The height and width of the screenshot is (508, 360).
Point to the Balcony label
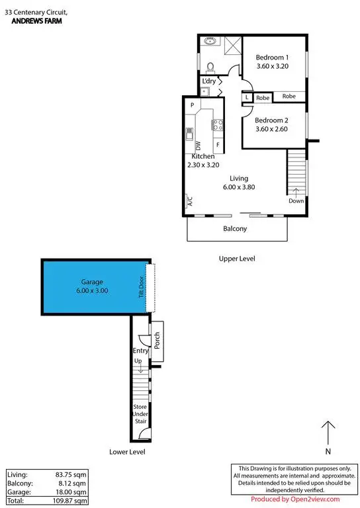tap(235, 229)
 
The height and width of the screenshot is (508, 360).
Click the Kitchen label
tap(203, 156)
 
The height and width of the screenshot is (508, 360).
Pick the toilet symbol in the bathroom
tap(210, 66)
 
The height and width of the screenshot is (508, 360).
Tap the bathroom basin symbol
tap(211, 41)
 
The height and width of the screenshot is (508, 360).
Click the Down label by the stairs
tap(296, 201)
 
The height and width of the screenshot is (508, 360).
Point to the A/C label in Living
tap(188, 202)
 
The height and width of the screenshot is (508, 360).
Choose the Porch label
tap(157, 341)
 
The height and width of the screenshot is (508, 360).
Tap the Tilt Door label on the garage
tap(141, 288)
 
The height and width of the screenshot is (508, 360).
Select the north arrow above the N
tap(328, 433)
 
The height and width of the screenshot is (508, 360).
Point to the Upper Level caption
tap(236, 259)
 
